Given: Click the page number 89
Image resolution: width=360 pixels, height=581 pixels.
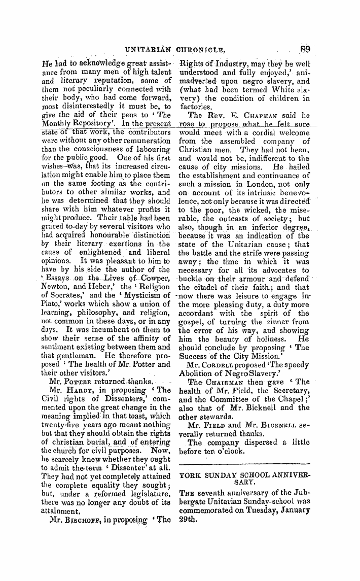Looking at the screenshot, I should (x=305, y=50).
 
